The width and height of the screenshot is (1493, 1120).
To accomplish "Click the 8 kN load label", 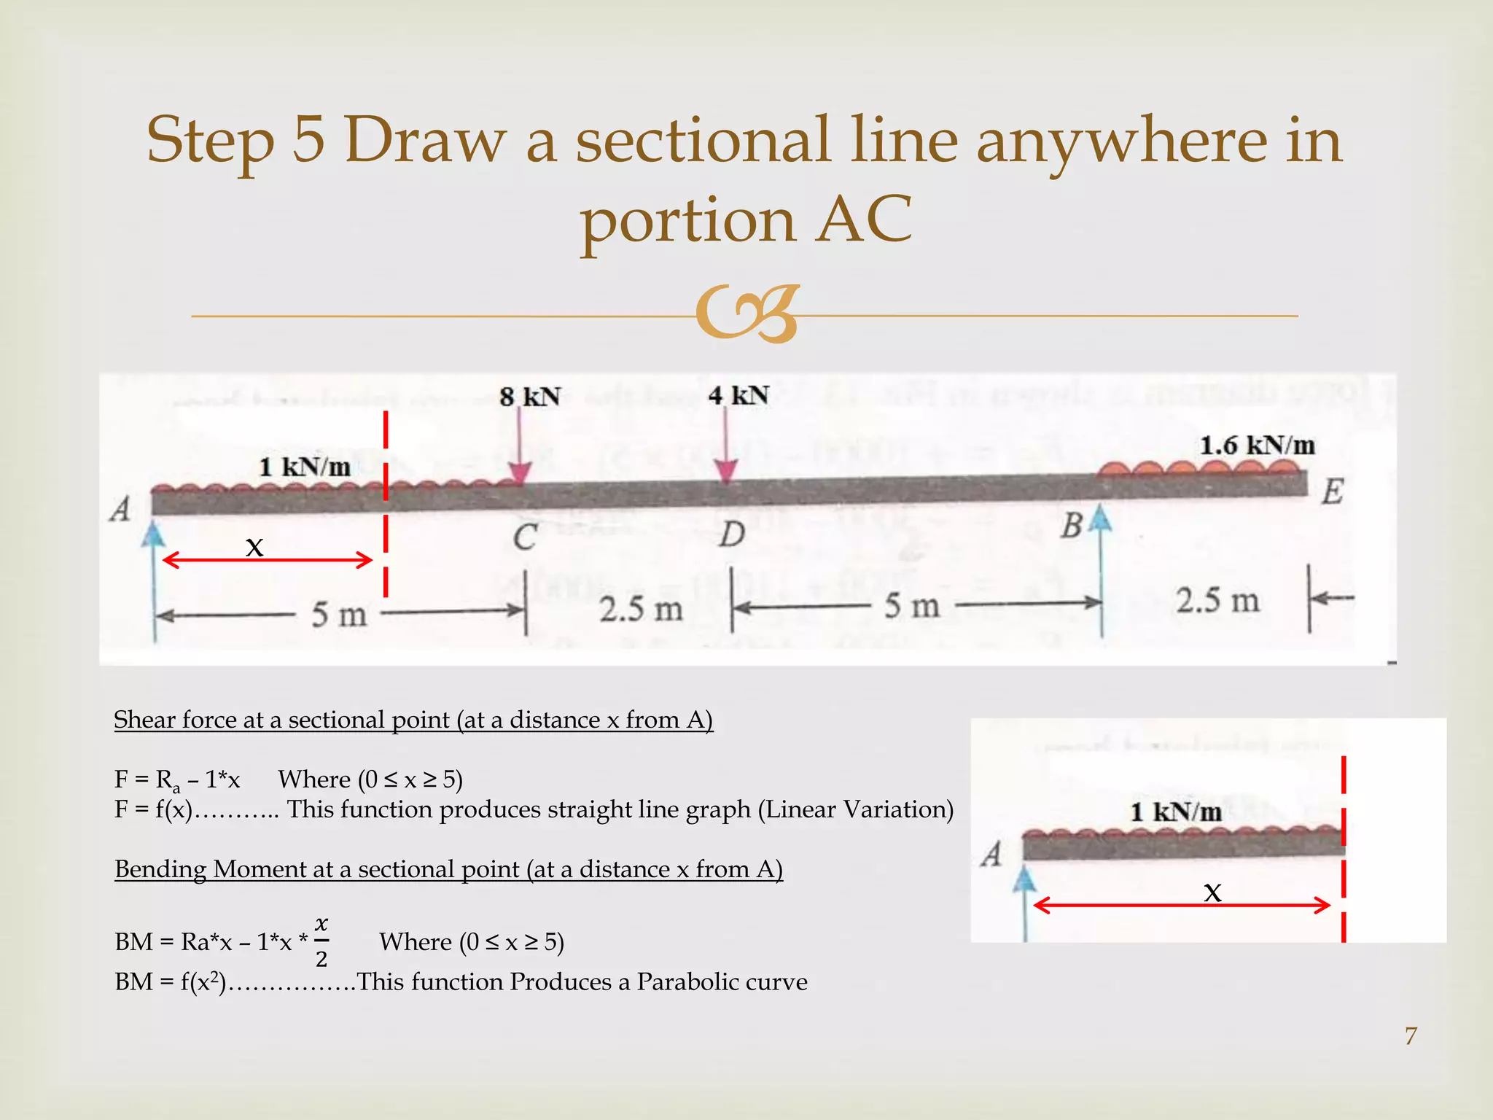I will pyautogui.click(x=530, y=397).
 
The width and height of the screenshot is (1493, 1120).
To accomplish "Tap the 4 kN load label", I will pyautogui.click(x=738, y=395).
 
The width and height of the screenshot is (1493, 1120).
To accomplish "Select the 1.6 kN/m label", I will pyautogui.click(x=1258, y=445).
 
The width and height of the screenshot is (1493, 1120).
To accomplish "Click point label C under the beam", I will pyautogui.click(x=525, y=538).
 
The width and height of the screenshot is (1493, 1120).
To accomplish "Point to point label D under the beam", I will pyautogui.click(x=732, y=534).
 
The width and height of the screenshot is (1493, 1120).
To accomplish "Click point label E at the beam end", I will pyautogui.click(x=1333, y=491).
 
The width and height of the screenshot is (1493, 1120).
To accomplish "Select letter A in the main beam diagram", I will pyautogui.click(x=120, y=509).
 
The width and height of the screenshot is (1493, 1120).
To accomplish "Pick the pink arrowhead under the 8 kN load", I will pyautogui.click(x=519, y=474).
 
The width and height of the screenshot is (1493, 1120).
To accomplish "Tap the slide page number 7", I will pyautogui.click(x=1411, y=1035).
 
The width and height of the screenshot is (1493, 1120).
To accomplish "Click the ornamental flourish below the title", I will pyautogui.click(x=746, y=314).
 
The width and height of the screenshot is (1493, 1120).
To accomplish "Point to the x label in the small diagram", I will pyautogui.click(x=1212, y=892).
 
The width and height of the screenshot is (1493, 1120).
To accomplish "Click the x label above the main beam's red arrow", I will pyautogui.click(x=254, y=546).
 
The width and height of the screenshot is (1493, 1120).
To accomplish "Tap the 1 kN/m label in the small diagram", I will pyautogui.click(x=1176, y=812).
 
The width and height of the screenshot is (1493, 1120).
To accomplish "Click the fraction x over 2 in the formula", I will pyautogui.click(x=321, y=942).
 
